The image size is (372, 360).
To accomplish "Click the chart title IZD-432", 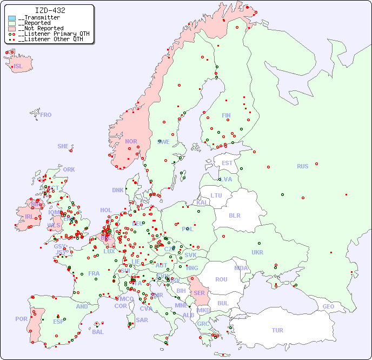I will (x=50, y=10).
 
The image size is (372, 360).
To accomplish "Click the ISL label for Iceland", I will (x=18, y=67).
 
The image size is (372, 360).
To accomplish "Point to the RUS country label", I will (x=302, y=166).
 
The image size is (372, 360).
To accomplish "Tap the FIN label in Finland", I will (x=226, y=115).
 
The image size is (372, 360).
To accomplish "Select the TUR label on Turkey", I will (x=277, y=330).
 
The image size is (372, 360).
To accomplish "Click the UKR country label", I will (x=257, y=252).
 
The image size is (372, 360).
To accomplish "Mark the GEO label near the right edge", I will (x=328, y=306).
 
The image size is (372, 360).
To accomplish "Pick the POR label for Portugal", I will (x=21, y=319).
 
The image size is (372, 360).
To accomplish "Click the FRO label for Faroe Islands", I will (x=46, y=115).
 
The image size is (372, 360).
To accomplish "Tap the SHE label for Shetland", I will (x=63, y=146).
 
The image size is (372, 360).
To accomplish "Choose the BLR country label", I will (x=235, y=215).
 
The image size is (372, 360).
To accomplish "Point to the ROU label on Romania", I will (x=221, y=279).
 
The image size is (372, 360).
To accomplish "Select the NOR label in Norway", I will (x=131, y=141).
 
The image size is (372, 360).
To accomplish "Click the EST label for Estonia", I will (x=227, y=163).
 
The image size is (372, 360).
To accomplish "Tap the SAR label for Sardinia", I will (x=142, y=320).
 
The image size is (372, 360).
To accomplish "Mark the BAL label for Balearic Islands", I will (x=98, y=332).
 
